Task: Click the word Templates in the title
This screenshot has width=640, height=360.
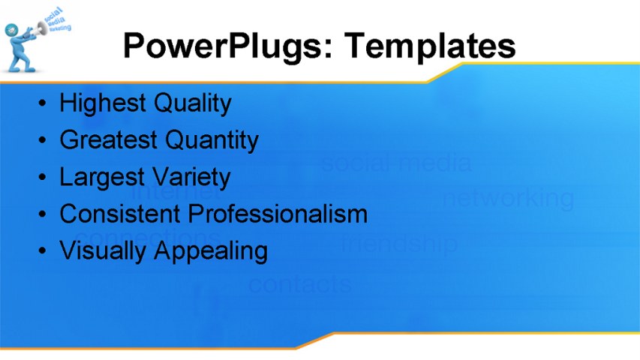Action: (431, 46)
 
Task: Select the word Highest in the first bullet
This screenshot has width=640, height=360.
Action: (103, 103)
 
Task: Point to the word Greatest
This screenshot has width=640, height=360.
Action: (108, 139)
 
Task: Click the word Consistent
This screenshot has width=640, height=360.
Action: (120, 214)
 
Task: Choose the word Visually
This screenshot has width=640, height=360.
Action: (103, 250)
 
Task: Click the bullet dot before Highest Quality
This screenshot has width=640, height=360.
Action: (45, 103)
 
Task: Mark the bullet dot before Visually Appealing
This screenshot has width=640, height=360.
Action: (45, 250)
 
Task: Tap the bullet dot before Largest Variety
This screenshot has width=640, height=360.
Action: (45, 177)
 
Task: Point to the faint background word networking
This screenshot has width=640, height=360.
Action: (508, 198)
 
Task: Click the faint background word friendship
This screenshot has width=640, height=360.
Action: (399, 243)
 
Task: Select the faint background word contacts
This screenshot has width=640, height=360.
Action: (299, 284)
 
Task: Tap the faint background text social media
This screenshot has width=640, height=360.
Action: (397, 162)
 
